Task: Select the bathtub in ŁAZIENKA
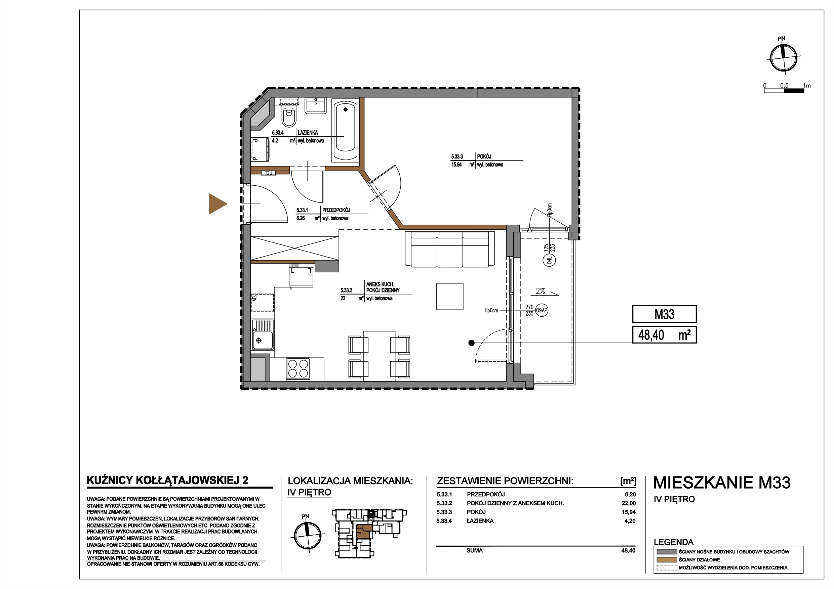pos(345,131)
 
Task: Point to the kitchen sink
pos(263,334)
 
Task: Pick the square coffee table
pos(450,297)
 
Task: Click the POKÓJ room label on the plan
pos(484,157)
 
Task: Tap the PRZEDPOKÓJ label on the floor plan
pos(336,210)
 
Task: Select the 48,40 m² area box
pos(664,334)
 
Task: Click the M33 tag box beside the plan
pos(664,314)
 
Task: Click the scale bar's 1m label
pos(807,86)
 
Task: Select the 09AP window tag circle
pos(542,310)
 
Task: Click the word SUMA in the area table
pos(474,550)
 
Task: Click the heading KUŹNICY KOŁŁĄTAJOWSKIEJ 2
pos(167,481)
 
